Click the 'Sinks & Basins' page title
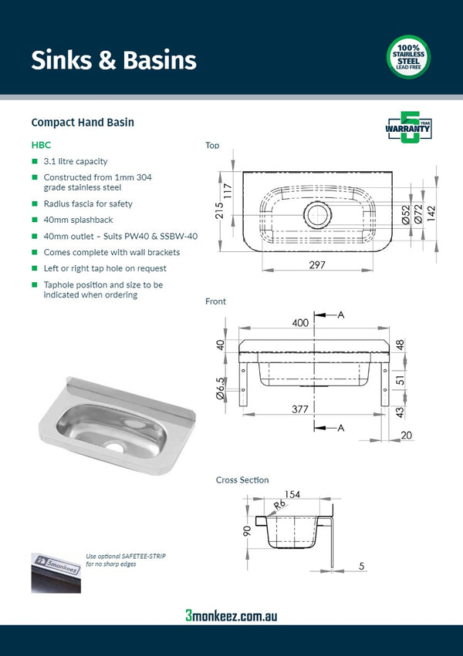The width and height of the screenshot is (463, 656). (x=113, y=60)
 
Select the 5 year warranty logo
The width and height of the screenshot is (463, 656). (x=408, y=127)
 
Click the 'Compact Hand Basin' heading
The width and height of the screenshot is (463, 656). (x=83, y=123)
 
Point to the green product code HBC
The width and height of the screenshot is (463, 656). (x=41, y=144)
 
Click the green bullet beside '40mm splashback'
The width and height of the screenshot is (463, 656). (x=35, y=220)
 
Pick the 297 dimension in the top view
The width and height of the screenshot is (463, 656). (x=317, y=265)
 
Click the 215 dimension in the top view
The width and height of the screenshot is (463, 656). (x=221, y=210)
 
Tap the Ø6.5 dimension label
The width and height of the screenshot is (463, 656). (x=221, y=390)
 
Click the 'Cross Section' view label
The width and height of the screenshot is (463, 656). (x=242, y=480)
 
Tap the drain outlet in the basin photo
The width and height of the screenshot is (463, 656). (x=115, y=445)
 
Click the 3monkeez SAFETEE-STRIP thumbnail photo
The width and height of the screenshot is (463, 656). (x=55, y=572)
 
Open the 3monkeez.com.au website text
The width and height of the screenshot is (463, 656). (x=231, y=615)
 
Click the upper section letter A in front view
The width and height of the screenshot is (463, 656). (x=340, y=315)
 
